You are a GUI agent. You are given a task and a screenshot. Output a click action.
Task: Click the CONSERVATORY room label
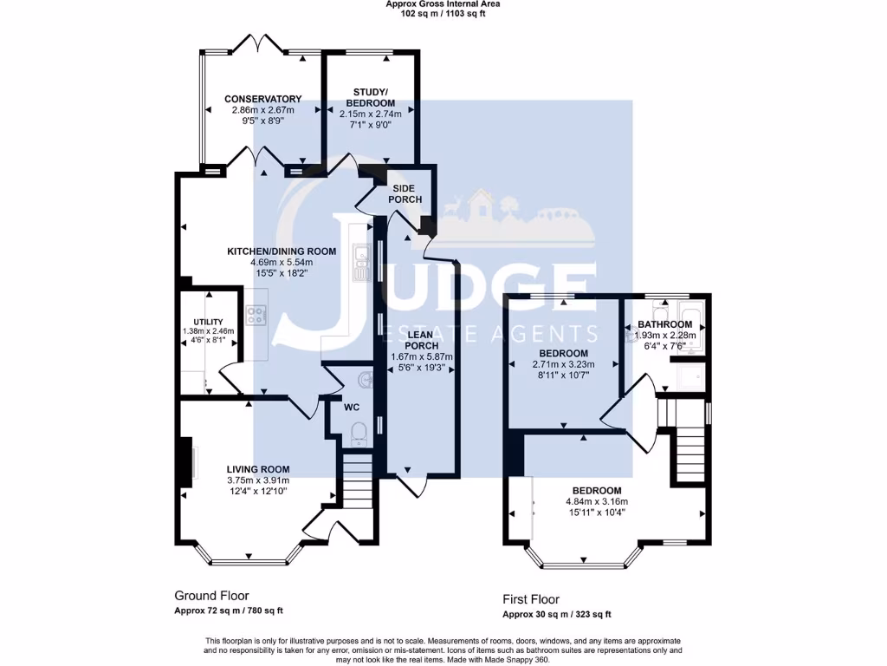click(x=262, y=99)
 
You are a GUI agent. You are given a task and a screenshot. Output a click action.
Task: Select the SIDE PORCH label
click(x=406, y=193)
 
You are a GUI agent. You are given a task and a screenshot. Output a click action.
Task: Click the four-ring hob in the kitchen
click(x=256, y=316)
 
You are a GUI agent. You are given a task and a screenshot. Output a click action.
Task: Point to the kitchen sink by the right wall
click(x=360, y=260)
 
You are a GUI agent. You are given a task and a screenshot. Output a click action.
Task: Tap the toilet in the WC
click(x=359, y=431)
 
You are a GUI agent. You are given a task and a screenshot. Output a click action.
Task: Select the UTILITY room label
click(x=208, y=322)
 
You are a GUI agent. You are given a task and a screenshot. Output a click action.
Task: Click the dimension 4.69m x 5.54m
click(x=269, y=262)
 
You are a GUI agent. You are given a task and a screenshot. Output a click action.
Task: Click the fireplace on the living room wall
click(x=186, y=463)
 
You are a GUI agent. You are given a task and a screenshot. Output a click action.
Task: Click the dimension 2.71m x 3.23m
click(x=564, y=365)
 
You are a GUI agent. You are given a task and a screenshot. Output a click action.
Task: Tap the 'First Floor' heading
click(x=531, y=599)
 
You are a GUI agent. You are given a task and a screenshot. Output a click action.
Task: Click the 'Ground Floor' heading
click(x=211, y=596)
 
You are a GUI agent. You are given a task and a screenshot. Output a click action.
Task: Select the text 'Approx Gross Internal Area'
click(x=443, y=4)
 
